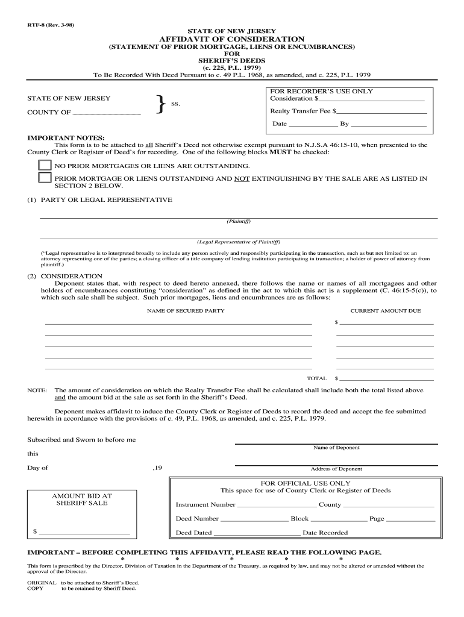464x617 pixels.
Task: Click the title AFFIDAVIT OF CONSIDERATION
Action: tap(231, 39)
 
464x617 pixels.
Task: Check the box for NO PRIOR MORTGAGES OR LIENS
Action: tap(45, 165)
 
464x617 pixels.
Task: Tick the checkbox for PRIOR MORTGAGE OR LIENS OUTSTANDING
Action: tap(45, 178)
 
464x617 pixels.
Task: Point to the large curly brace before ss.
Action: tap(160, 105)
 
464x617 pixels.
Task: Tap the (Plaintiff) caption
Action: tap(239, 221)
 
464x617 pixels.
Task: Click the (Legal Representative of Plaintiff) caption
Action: tap(239, 242)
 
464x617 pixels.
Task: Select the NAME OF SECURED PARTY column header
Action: tap(186, 311)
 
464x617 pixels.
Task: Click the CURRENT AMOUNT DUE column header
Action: tap(386, 311)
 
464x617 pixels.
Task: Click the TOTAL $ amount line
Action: tap(386, 378)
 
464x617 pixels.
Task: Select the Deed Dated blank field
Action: tap(257, 533)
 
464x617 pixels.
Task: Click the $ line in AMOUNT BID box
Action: tap(84, 532)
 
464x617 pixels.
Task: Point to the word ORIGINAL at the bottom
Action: tap(42, 583)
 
